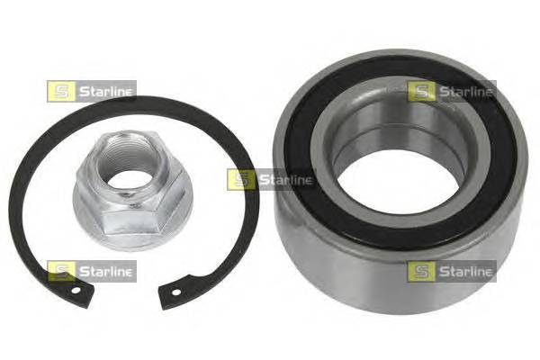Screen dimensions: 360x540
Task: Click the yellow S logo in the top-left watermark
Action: [58, 91]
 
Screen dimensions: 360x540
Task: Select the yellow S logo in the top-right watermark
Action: [419, 91]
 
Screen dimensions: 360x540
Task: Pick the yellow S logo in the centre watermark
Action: [239, 179]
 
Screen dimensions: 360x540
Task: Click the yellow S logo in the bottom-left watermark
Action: [58, 270]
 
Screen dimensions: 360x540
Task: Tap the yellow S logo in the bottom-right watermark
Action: [419, 270]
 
